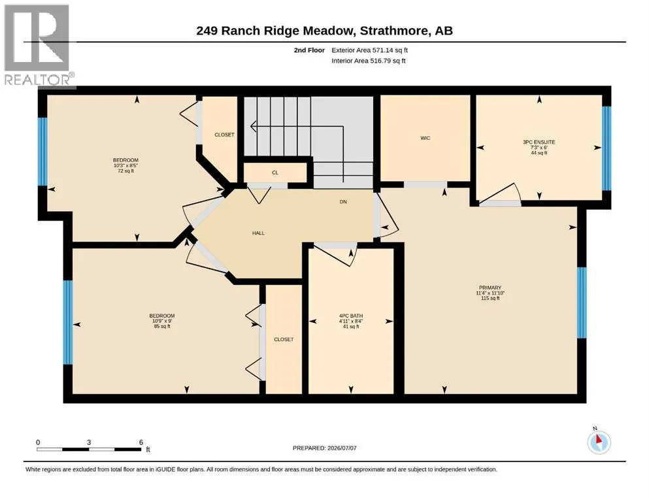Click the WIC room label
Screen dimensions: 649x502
point(425,138)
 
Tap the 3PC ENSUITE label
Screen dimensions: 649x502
point(539,142)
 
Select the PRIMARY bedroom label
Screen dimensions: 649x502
point(490,288)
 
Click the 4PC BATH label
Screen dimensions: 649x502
point(351,316)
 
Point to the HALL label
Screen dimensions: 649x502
point(258,233)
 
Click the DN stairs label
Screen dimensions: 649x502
point(343,201)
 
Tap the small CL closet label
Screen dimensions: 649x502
point(275,173)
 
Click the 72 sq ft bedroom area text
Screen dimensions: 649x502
point(126,171)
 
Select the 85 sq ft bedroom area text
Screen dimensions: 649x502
point(162,326)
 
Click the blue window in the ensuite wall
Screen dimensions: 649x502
point(607,148)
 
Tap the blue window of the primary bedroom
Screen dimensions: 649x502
point(582,303)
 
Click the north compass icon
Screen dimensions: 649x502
point(599,442)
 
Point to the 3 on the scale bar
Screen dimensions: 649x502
point(89,442)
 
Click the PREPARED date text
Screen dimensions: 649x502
point(324,448)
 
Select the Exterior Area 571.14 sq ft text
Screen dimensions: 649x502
point(370,50)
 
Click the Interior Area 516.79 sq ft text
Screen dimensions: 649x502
point(369,61)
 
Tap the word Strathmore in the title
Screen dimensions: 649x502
point(394,31)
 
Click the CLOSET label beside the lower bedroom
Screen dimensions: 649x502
point(284,339)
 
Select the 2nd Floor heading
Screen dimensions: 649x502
point(309,50)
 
